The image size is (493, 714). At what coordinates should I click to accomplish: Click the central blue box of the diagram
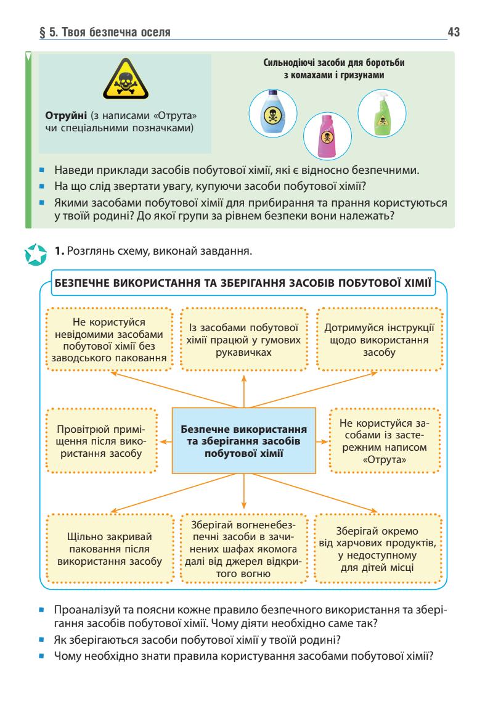[245, 442]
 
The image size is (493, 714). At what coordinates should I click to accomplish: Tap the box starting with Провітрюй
[100, 441]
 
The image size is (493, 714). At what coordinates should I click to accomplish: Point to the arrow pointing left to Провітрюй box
[166, 442]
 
